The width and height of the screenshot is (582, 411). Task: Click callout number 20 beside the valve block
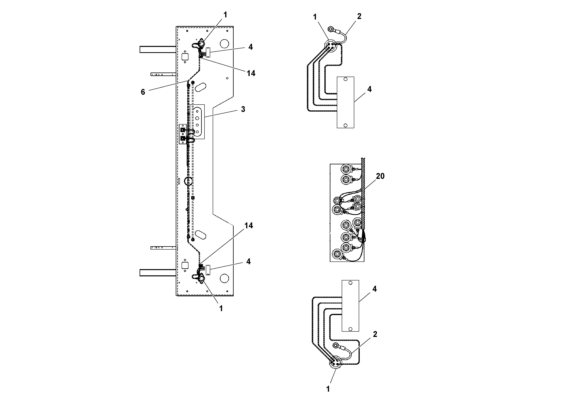click(x=380, y=176)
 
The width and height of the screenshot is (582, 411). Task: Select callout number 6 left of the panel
click(x=143, y=92)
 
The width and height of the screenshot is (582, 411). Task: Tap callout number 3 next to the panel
click(x=243, y=109)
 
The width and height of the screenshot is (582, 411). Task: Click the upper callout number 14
click(x=251, y=73)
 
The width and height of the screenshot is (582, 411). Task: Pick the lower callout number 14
click(x=249, y=226)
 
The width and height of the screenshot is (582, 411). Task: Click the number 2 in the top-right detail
click(x=359, y=16)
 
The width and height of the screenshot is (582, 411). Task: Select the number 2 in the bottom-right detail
click(x=375, y=334)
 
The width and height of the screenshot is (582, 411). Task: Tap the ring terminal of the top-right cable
click(x=331, y=29)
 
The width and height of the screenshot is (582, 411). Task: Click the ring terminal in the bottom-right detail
click(x=336, y=345)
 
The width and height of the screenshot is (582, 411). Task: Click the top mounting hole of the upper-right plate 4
click(x=345, y=79)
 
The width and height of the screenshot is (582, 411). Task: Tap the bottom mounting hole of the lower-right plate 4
click(x=350, y=329)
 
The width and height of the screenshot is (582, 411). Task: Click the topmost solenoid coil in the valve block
click(x=346, y=168)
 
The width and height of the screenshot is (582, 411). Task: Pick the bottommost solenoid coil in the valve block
click(x=337, y=254)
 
